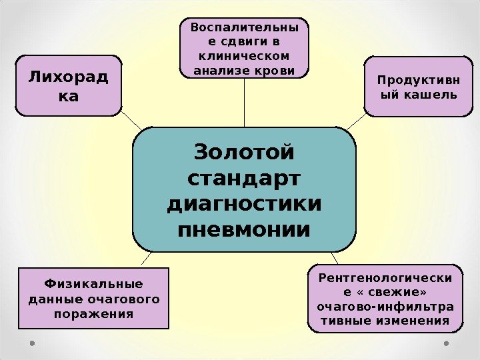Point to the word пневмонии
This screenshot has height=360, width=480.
(243, 231)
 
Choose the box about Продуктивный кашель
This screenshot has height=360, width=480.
(418, 87)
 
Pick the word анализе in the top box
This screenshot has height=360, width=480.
(219, 69)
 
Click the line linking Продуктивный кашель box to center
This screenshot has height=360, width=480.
(356, 122)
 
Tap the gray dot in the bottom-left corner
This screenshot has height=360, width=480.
(31, 344)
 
